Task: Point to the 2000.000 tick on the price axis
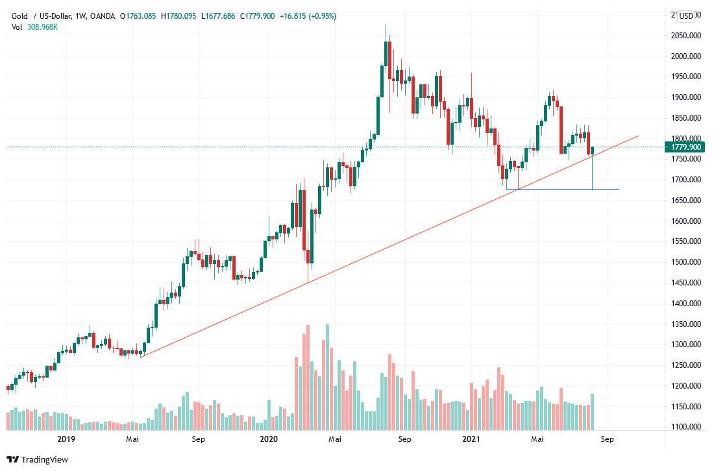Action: click(x=686, y=56)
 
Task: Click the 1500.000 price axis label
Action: click(x=686, y=262)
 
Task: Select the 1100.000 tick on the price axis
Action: click(x=686, y=427)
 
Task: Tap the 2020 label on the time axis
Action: click(x=268, y=439)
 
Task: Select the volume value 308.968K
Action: click(x=43, y=27)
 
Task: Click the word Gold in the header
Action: click(x=21, y=16)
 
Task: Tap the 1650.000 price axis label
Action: click(x=686, y=200)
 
